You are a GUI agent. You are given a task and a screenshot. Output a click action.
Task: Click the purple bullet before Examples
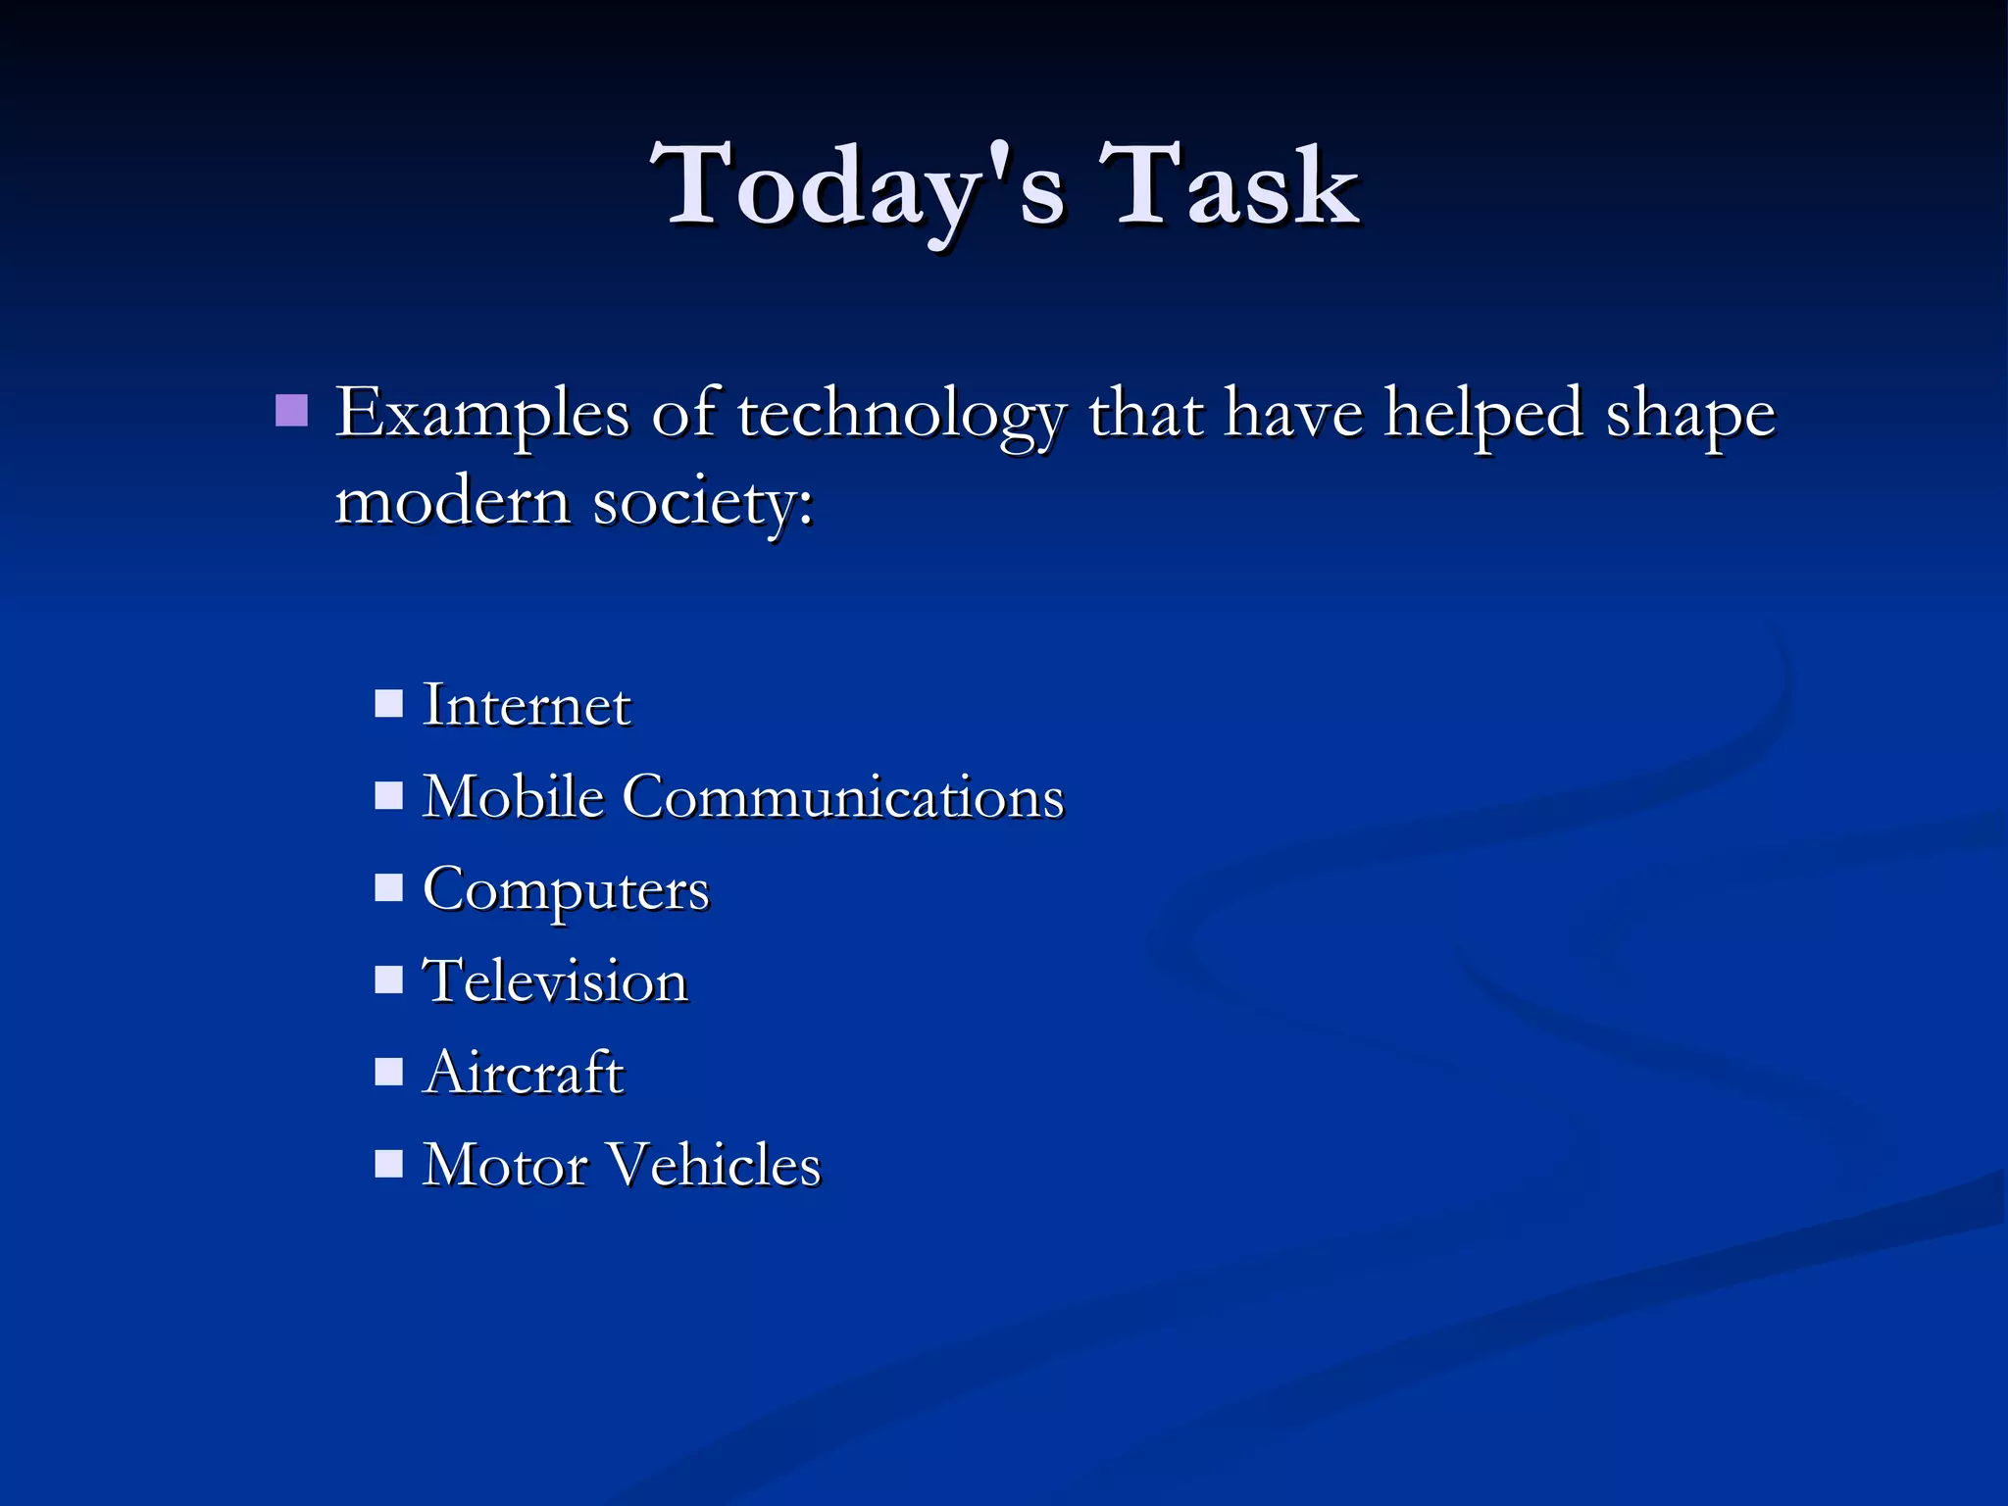(x=291, y=410)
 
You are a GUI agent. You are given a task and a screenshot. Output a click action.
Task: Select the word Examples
(x=481, y=414)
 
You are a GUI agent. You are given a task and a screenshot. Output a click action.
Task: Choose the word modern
(x=452, y=502)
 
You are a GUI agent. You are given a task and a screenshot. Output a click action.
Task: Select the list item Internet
(x=527, y=705)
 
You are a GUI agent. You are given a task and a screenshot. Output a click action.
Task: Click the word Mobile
(x=513, y=795)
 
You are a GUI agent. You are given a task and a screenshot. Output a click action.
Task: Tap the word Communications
(x=842, y=795)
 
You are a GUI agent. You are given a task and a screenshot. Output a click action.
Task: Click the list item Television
(x=555, y=980)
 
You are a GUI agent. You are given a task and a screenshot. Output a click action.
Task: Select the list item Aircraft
(x=523, y=1072)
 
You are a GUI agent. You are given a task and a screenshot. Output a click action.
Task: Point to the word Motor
(x=504, y=1164)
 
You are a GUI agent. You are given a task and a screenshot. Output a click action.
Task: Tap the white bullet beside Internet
(x=389, y=704)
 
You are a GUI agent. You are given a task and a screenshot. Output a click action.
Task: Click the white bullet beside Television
(x=389, y=979)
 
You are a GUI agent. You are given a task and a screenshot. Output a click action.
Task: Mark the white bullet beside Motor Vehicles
(x=389, y=1163)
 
